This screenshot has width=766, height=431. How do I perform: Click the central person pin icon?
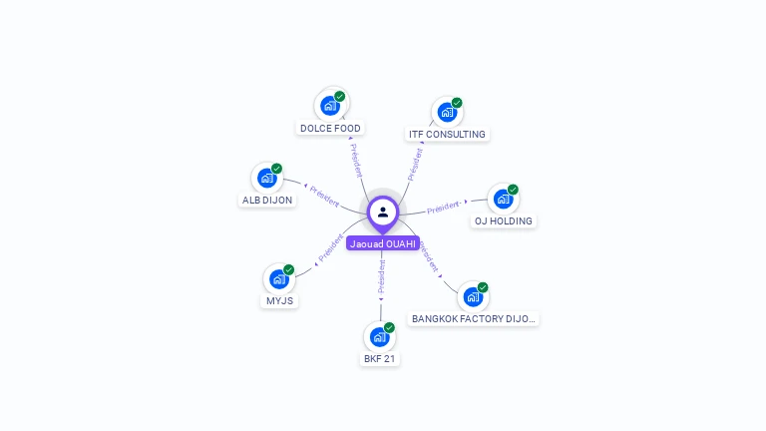[x=383, y=212]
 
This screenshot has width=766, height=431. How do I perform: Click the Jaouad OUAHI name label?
[x=383, y=243]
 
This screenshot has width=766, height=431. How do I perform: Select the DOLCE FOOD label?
[x=331, y=128]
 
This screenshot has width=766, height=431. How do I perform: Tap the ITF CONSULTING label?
[x=447, y=134]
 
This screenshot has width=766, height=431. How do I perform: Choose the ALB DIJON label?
[x=267, y=200]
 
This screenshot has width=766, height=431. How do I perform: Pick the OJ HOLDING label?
[x=503, y=220]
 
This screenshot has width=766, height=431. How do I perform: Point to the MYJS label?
[x=279, y=300]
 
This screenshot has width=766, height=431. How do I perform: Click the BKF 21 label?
[x=379, y=358]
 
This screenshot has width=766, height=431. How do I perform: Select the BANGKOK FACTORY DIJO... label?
[x=474, y=318]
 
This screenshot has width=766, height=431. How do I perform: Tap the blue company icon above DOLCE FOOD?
[x=329, y=105]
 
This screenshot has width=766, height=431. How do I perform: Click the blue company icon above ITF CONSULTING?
[x=446, y=112]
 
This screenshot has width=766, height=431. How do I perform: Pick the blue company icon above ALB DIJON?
[x=266, y=178]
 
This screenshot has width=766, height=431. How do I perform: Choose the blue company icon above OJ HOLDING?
[x=503, y=199]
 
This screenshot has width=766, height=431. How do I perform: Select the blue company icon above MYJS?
[x=279, y=278]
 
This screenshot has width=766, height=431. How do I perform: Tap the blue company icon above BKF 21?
[x=378, y=336]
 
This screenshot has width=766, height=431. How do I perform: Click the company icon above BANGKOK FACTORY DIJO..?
[x=473, y=296]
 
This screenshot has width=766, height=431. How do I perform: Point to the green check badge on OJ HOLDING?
[x=513, y=190]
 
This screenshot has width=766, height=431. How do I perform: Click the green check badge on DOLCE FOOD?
[x=340, y=97]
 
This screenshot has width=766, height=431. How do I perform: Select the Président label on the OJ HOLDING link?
[x=443, y=208]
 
